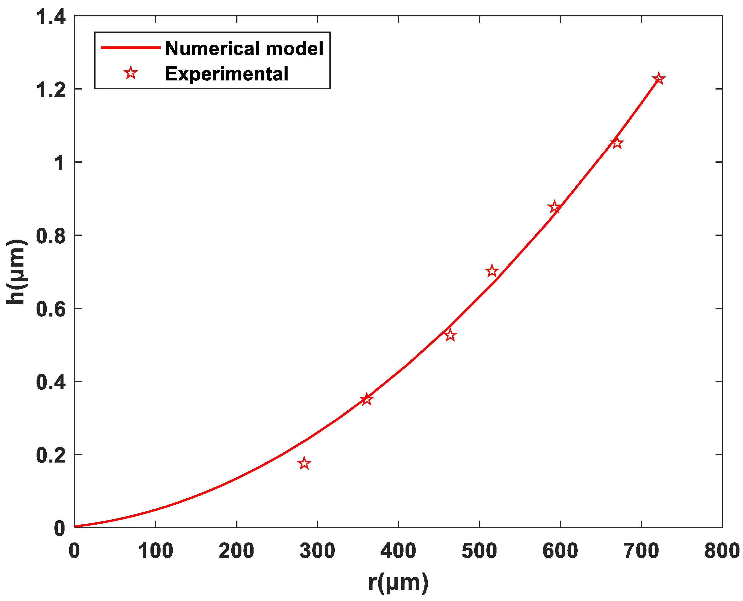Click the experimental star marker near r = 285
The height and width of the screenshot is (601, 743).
pyautogui.click(x=304, y=463)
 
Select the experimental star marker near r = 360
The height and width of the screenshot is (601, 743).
pyautogui.click(x=367, y=399)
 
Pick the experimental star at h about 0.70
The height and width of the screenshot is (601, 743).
pyautogui.click(x=491, y=271)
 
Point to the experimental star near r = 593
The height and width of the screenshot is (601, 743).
pyautogui.click(x=554, y=207)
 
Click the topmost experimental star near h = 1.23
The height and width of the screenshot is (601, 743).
pyautogui.click(x=659, y=79)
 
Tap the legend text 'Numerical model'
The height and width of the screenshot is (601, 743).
pyautogui.click(x=244, y=48)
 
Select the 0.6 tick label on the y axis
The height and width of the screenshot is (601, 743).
pyautogui.click(x=51, y=309)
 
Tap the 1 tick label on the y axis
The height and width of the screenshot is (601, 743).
pyautogui.click(x=59, y=163)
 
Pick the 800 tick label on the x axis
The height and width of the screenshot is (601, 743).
pyautogui.click(x=722, y=551)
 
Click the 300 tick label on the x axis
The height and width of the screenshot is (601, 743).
pyautogui.click(x=317, y=551)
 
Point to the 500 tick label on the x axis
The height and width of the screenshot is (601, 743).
pyautogui.click(x=479, y=551)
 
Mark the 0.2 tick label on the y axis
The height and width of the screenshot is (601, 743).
pyautogui.click(x=51, y=455)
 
